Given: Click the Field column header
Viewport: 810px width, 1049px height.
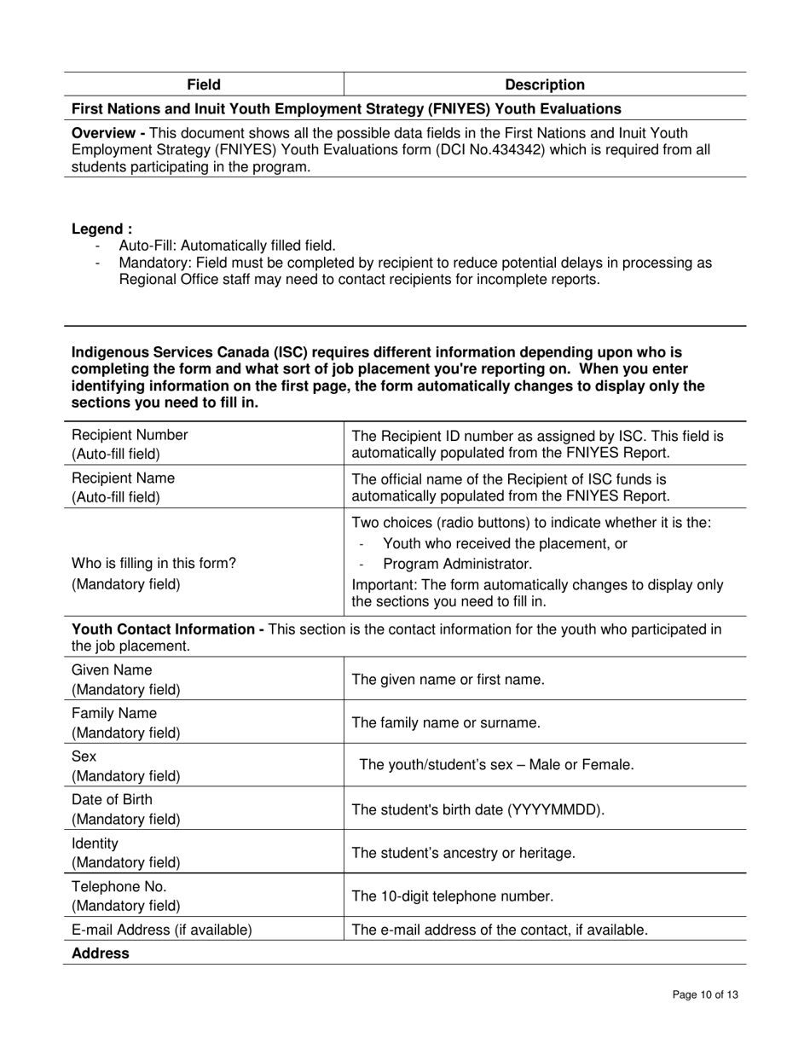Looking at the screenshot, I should tap(204, 84).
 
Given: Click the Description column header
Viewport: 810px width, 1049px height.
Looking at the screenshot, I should tap(545, 84).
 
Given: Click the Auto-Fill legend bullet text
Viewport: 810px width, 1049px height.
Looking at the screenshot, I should tap(227, 246).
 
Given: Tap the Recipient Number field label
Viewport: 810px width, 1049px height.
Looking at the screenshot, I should tap(130, 435).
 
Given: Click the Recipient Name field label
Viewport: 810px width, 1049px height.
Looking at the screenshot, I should tap(123, 478).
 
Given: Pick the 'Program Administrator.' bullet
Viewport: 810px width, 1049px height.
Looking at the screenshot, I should tap(457, 564).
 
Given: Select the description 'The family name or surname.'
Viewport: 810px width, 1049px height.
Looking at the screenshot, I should tap(446, 723).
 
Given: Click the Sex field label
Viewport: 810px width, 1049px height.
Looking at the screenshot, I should tap(84, 757).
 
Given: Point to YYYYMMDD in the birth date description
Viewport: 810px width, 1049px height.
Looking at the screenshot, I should tap(554, 809).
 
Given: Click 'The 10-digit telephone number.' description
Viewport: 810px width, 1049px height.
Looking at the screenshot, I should tap(453, 896).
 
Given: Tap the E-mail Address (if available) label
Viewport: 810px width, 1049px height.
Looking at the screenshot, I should tap(162, 930).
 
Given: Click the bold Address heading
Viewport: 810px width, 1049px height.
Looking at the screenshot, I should tap(101, 953).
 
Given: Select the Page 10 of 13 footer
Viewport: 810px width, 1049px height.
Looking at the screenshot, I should tap(704, 994).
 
